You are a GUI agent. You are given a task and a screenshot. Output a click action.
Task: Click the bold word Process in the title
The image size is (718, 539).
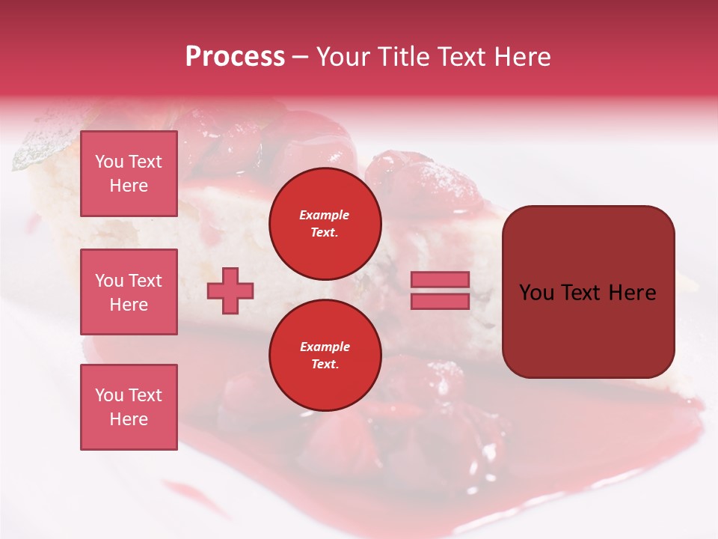coord(235,57)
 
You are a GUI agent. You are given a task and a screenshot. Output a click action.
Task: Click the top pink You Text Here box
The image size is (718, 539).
coord(129,174)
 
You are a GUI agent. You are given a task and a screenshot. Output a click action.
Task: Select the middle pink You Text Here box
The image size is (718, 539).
coord(129,292)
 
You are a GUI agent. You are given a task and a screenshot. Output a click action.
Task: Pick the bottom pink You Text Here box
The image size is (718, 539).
coord(129,407)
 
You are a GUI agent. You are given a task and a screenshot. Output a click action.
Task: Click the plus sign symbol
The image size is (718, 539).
coord(230,290)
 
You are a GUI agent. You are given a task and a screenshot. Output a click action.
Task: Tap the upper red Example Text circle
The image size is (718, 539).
coord(325,223)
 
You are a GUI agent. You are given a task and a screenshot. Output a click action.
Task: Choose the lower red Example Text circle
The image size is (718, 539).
coord(325,355)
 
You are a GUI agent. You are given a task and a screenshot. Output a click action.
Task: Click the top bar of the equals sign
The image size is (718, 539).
coord(440,279)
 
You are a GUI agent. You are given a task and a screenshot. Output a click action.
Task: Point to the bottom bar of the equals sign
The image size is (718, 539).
coord(440,301)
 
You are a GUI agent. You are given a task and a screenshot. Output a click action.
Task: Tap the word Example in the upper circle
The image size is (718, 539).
coord(325,215)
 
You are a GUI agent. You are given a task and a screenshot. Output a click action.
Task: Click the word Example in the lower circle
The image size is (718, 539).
coord(325,347)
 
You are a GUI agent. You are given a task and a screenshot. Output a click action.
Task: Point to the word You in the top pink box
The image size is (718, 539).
coord(109,162)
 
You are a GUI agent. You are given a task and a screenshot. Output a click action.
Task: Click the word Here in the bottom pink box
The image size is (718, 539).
coord(129,419)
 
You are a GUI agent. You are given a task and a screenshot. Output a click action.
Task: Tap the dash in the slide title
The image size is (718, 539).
coord(301,57)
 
